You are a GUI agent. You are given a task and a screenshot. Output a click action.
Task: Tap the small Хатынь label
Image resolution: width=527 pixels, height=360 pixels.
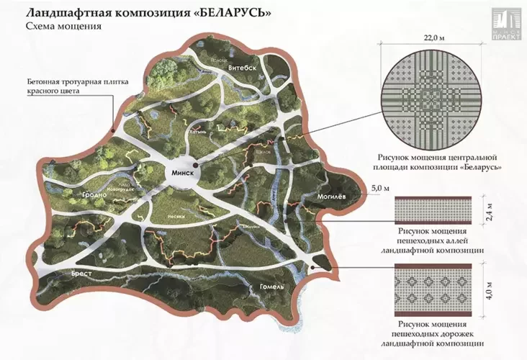(x=198, y=132)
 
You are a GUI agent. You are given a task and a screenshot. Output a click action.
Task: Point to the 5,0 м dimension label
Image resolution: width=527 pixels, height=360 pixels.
(x=379, y=189)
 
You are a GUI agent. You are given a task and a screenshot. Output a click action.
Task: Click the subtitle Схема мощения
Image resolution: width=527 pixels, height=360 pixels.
(x=63, y=26)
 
